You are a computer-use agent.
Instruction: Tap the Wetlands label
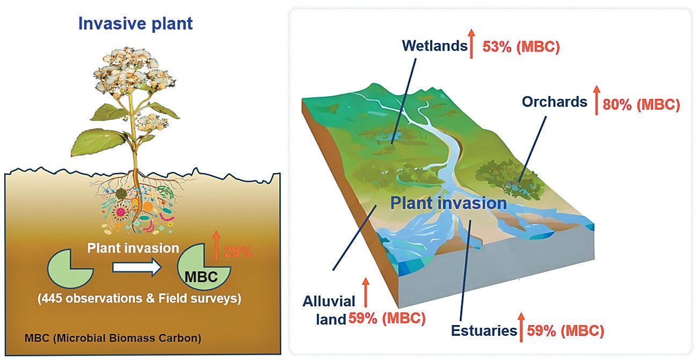[x=435, y=46]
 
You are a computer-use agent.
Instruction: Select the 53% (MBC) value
[x=521, y=47]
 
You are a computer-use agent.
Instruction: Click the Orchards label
[x=555, y=102]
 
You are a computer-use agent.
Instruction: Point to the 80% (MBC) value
[x=641, y=105]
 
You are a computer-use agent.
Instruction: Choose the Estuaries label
[x=484, y=331]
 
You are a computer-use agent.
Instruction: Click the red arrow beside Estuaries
[x=521, y=327]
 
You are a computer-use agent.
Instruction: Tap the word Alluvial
[x=329, y=301]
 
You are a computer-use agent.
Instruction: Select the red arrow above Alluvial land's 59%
[x=366, y=292]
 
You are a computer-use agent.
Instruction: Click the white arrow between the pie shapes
[x=136, y=267]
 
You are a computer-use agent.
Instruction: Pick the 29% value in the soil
[x=238, y=252]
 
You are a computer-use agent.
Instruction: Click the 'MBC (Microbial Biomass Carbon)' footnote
[x=113, y=338]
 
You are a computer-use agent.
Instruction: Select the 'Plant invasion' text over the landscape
[x=448, y=203]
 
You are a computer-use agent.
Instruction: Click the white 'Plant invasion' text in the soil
[x=133, y=248]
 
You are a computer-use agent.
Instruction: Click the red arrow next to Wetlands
[x=471, y=44]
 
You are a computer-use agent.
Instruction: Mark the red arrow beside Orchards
[x=596, y=100]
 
